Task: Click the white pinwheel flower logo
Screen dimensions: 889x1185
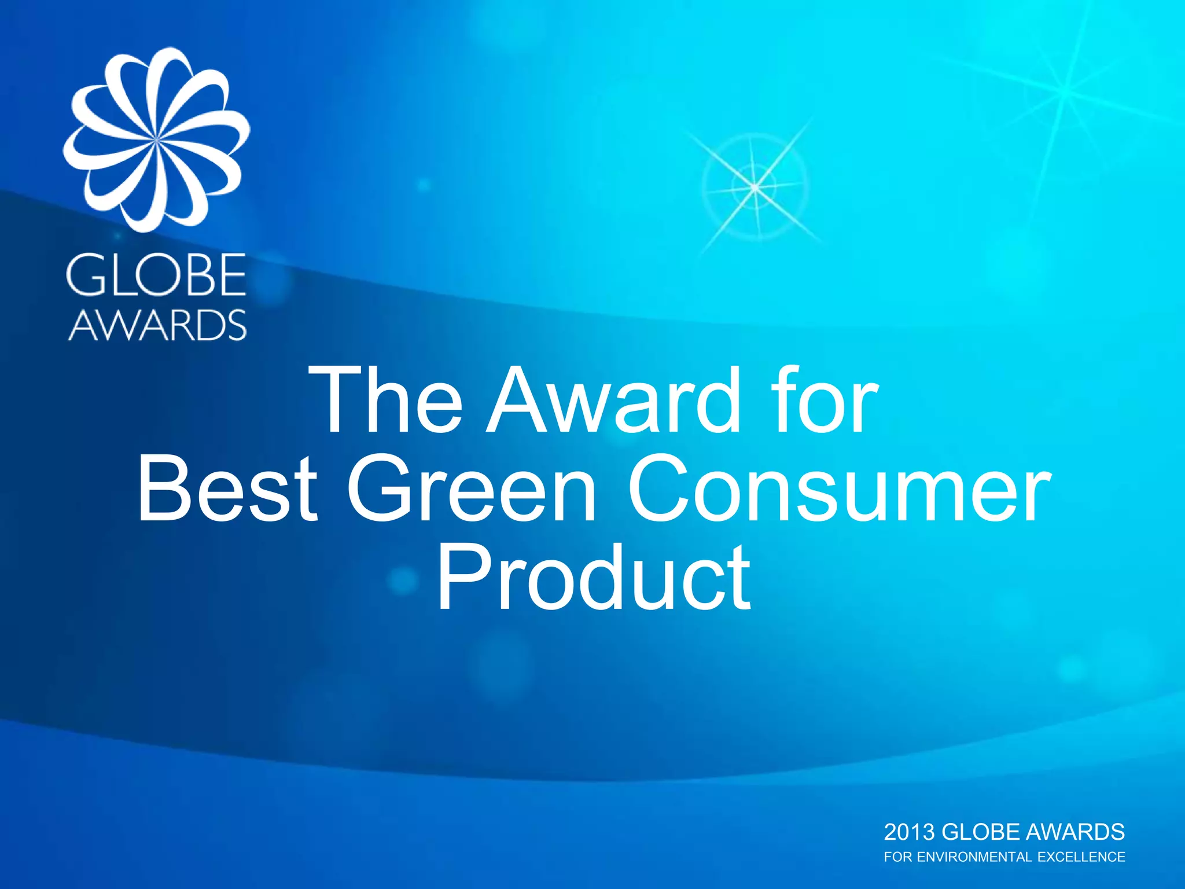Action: point(156,139)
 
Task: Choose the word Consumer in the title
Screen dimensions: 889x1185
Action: point(839,489)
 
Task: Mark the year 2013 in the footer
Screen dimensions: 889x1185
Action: point(910,832)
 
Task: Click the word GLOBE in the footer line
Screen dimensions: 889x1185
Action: point(981,832)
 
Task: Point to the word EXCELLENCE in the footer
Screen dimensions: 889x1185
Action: point(1081,857)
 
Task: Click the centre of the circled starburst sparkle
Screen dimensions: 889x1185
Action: point(755,187)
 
